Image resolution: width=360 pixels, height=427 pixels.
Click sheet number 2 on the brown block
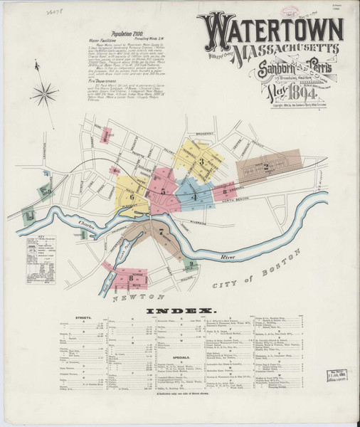(x=265, y=167)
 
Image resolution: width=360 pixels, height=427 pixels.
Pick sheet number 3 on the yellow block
(x=201, y=162)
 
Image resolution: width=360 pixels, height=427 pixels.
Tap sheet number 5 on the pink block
(x=163, y=191)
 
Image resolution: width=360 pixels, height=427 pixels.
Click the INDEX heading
(x=180, y=312)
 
